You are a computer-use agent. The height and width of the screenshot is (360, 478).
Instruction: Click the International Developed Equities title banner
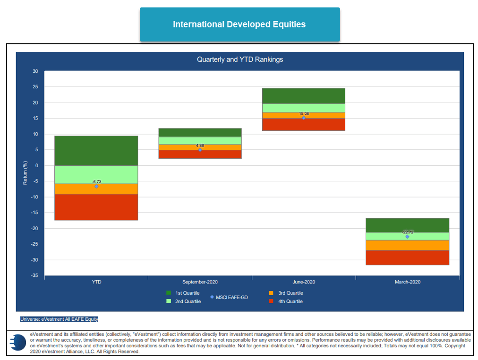[x=239, y=24]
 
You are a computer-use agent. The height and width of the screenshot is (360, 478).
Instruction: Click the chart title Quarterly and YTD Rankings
[x=240, y=60]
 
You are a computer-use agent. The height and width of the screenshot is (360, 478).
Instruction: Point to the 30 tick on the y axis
[x=35, y=71]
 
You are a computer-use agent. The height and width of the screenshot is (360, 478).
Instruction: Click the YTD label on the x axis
[x=96, y=282]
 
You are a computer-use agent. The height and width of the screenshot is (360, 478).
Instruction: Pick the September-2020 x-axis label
[x=200, y=282]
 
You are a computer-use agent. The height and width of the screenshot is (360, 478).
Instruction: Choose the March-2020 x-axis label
[x=407, y=282]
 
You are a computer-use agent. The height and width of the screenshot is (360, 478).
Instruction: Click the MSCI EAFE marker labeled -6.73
[x=96, y=186]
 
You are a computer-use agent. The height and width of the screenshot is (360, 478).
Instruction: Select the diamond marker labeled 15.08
[x=304, y=118]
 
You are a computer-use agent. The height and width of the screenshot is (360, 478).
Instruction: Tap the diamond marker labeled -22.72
[x=407, y=237]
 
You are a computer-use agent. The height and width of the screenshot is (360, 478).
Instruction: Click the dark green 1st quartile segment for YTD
[x=96, y=150]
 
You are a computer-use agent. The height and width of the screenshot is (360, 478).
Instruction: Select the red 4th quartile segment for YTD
[x=96, y=207]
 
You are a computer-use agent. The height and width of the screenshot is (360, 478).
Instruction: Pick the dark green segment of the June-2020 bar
[x=304, y=95]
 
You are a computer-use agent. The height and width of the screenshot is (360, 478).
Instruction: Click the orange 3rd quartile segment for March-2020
[x=407, y=245]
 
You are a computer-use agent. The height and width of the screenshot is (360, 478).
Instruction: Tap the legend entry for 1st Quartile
[x=183, y=293]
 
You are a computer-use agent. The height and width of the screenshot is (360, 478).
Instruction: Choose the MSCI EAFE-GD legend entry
[x=229, y=297]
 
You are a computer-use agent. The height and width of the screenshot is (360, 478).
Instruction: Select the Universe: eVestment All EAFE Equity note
[x=59, y=319]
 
